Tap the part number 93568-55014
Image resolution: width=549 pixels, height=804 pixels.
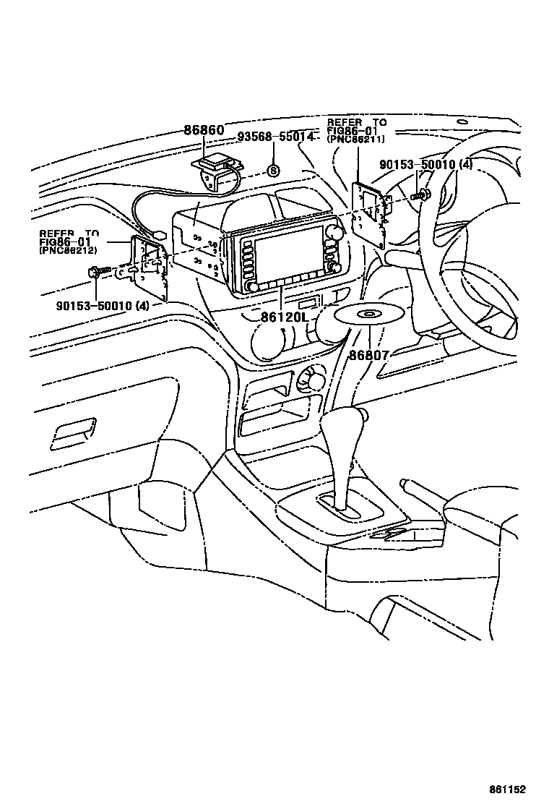tap(275, 137)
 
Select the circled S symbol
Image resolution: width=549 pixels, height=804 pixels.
tap(273, 170)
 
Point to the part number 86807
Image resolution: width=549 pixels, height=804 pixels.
tap(369, 355)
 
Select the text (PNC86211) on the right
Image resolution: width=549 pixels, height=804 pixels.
tap(355, 139)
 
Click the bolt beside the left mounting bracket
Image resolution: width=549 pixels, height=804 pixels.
tap(96, 272)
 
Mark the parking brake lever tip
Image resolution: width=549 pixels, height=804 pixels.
tap(405, 481)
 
